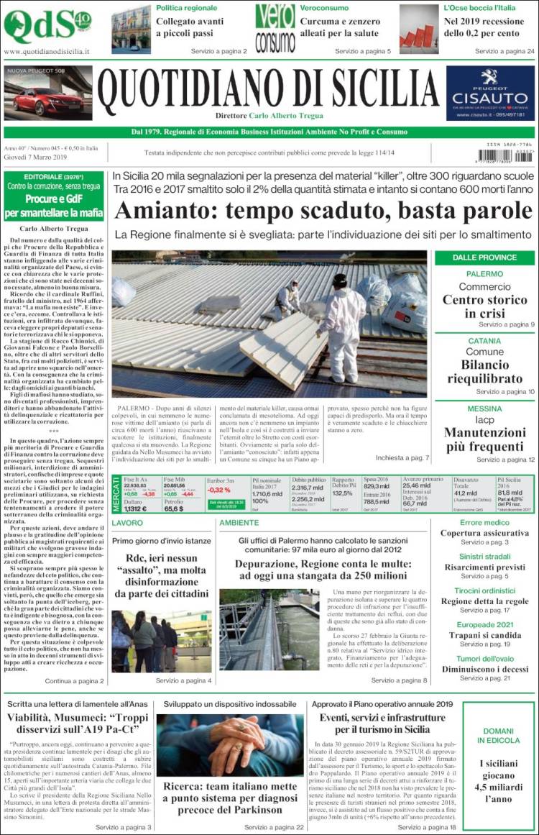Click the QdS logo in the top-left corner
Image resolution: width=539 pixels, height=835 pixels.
click(x=47, y=26)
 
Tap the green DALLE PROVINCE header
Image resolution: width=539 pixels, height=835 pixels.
click(x=484, y=257)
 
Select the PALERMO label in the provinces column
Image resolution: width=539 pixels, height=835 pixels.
click(x=484, y=274)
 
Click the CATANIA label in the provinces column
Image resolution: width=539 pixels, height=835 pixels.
click(x=484, y=340)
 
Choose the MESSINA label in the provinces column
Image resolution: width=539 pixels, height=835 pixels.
click(x=484, y=408)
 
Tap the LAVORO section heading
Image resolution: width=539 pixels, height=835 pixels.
click(x=127, y=523)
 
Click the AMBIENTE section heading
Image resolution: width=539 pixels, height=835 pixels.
click(x=239, y=523)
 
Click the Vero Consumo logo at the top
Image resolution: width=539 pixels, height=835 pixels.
click(x=275, y=28)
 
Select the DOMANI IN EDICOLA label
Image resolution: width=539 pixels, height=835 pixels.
click(x=498, y=735)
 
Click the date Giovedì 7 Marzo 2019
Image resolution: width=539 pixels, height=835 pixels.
click(x=35, y=157)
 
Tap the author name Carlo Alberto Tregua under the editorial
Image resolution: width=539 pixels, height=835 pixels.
click(x=53, y=229)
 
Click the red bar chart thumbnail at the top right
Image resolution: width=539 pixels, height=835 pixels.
click(x=418, y=29)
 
